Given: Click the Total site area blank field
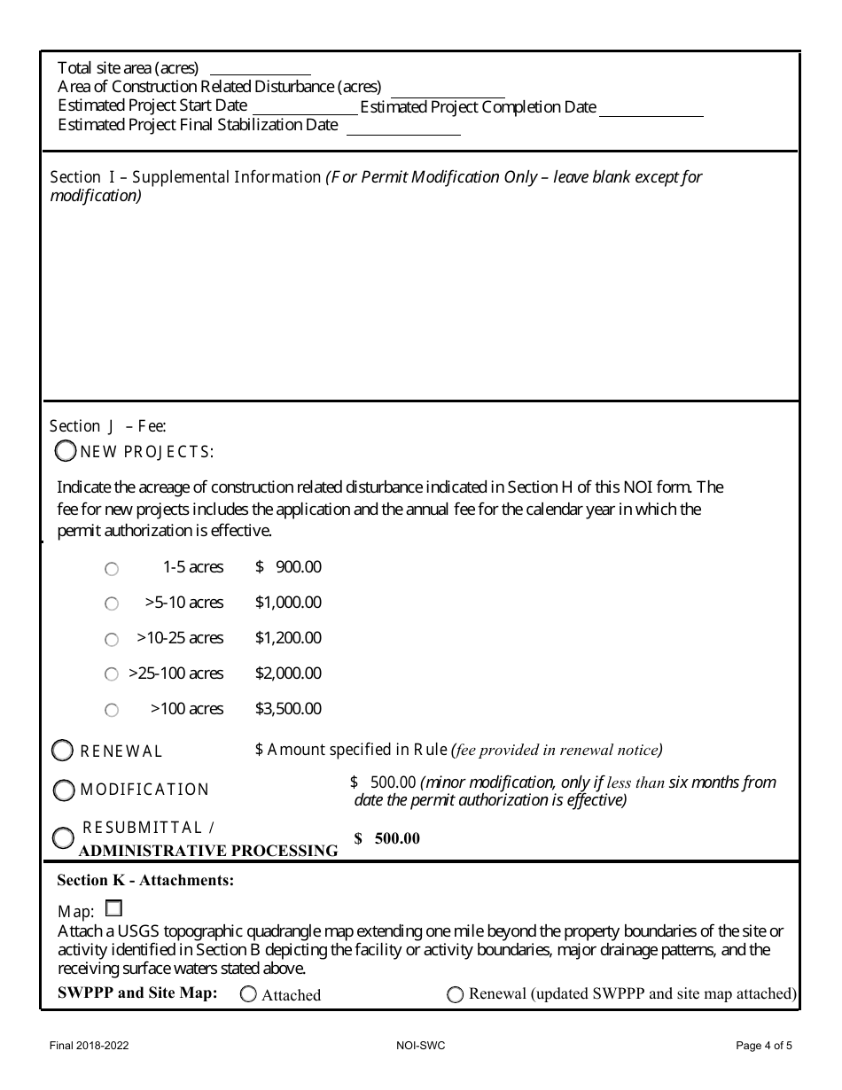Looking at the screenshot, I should tap(260, 68).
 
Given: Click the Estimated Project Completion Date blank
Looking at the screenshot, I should tap(651, 109).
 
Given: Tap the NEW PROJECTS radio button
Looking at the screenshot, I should tap(66, 451).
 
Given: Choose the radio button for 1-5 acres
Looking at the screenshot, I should tap(112, 569).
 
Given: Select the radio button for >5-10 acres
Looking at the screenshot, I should tap(112, 603).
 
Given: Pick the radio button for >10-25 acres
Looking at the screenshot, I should tap(112, 639).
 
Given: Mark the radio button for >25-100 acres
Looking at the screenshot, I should tap(112, 674).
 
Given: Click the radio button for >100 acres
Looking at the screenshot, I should tap(112, 710).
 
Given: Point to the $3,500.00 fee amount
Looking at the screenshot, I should tap(288, 709).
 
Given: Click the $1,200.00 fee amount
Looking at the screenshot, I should tap(288, 638).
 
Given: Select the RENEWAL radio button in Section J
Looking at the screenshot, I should tap(63, 751).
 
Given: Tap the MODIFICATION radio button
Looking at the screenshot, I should tap(64, 790).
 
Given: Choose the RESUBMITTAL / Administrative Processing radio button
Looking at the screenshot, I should tap(63, 837).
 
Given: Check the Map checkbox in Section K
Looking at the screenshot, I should tap(113, 908).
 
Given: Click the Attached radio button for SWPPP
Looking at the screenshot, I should tap(249, 994).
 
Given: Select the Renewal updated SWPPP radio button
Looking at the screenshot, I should tap(456, 994).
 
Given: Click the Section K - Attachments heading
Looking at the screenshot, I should tap(145, 880).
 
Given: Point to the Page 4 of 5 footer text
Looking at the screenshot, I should tap(764, 1046).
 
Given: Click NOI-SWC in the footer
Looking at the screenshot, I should tap(421, 1046).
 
